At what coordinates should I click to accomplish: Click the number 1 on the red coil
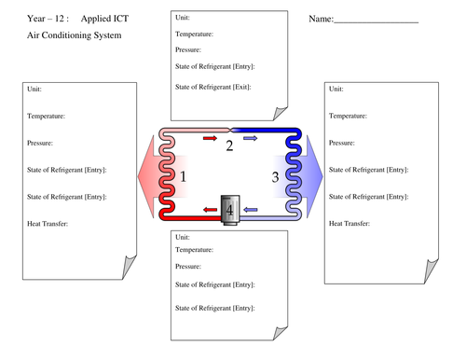click(184, 176)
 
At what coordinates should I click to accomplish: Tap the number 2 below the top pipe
click(229, 145)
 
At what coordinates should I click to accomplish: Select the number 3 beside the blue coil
click(275, 176)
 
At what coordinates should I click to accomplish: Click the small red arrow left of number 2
click(209, 138)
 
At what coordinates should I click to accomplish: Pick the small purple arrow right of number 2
click(250, 138)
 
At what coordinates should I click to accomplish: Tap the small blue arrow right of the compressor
click(251, 212)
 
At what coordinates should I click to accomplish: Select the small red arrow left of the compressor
click(207, 212)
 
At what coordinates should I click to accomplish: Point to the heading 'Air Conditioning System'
click(74, 35)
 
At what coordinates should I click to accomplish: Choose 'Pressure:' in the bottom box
click(192, 267)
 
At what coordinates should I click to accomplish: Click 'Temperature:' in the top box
click(194, 34)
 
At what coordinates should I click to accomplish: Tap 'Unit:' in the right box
click(336, 89)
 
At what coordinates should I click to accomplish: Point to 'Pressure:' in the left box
click(40, 143)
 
